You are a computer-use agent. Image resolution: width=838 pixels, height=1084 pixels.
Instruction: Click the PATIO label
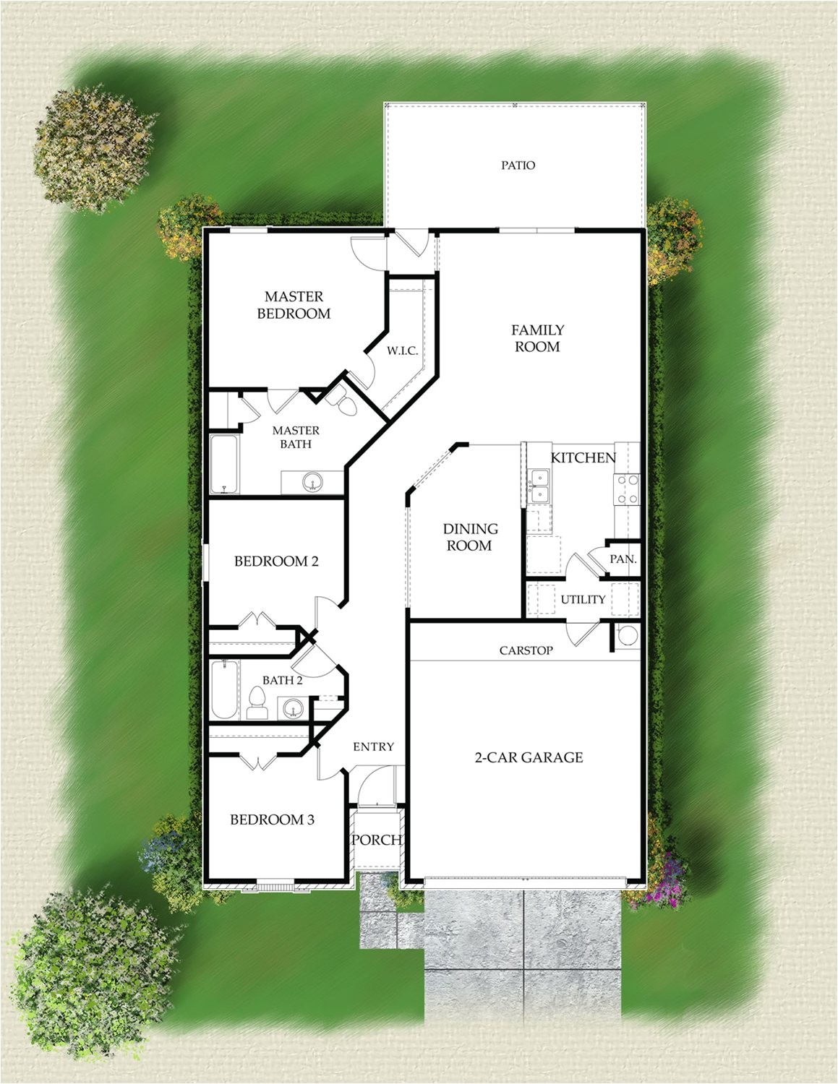pyautogui.click(x=518, y=165)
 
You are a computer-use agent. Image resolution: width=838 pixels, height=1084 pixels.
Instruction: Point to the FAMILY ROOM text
pyautogui.click(x=537, y=338)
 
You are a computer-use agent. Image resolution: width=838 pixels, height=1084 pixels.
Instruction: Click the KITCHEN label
pyautogui.click(x=583, y=458)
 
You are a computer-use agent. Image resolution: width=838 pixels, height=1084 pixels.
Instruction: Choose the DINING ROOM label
pyautogui.click(x=470, y=537)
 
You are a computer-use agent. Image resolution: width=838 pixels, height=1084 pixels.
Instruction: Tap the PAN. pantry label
pyautogui.click(x=623, y=559)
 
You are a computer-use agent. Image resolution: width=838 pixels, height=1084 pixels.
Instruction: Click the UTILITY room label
pyautogui.click(x=583, y=599)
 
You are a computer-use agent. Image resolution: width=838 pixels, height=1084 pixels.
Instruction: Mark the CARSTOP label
pyautogui.click(x=526, y=650)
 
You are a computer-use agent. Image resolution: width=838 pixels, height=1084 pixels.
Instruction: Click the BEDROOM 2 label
pyautogui.click(x=276, y=562)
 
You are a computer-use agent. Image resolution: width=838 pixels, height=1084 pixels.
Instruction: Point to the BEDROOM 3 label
pyautogui.click(x=272, y=820)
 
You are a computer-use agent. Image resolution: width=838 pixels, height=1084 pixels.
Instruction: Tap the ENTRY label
pyautogui.click(x=373, y=747)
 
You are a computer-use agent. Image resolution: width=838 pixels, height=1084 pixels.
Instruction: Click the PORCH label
pyautogui.click(x=377, y=840)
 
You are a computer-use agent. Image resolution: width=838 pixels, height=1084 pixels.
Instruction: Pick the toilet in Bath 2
pyautogui.click(x=256, y=702)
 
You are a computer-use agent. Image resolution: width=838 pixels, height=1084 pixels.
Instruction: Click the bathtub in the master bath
pyautogui.click(x=223, y=464)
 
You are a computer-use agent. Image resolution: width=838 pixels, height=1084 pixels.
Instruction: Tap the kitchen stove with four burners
pyautogui.click(x=626, y=489)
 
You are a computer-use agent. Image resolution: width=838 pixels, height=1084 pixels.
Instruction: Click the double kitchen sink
pyautogui.click(x=539, y=485)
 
